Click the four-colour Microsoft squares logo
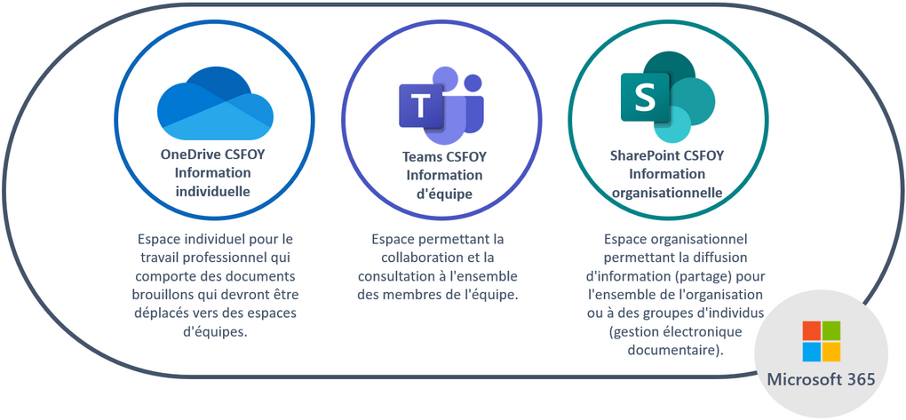pyautogui.click(x=822, y=342)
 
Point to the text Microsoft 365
pyautogui.click(x=822, y=380)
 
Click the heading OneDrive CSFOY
pyautogui.click(x=212, y=154)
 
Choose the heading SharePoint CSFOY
pyautogui.click(x=666, y=155)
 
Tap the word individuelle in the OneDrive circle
pyautogui.click(x=212, y=191)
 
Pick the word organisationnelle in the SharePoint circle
pyautogui.click(x=666, y=192)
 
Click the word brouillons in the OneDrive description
pyautogui.click(x=166, y=295)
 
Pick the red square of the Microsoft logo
pyautogui.click(x=811, y=330)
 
